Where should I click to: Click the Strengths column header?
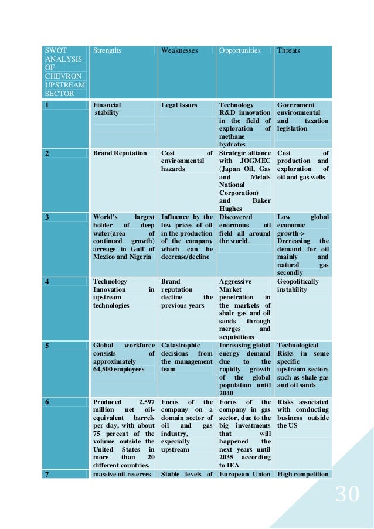[x=107, y=51]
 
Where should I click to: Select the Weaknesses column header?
[x=180, y=51]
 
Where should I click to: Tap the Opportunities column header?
[x=240, y=51]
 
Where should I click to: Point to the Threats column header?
[x=288, y=51]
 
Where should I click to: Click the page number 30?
[x=347, y=495]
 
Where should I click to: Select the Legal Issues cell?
[x=179, y=105]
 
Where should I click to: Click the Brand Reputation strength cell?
[x=120, y=153]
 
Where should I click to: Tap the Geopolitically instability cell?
[x=298, y=285]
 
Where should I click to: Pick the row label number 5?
[x=47, y=346]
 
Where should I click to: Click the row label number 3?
[x=47, y=217]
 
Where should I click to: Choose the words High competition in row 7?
[x=302, y=474]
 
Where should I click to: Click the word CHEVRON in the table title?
[x=60, y=76]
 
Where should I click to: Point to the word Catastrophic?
[x=181, y=346]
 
